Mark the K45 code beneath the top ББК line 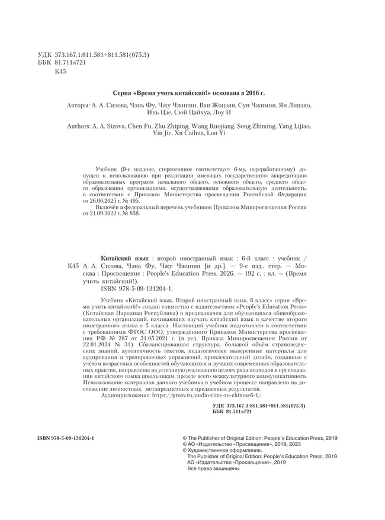coord(60,72)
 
